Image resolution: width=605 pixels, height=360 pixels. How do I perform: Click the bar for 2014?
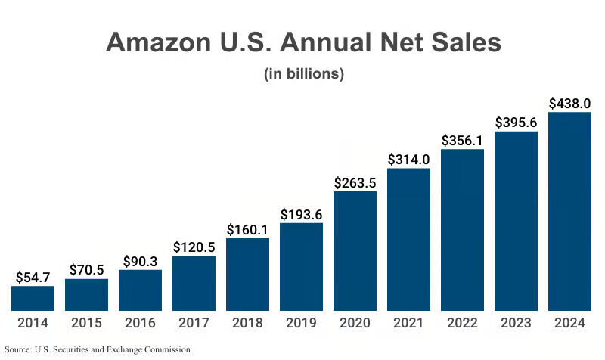click(x=33, y=298)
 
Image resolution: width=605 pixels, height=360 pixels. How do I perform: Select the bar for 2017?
click(x=194, y=284)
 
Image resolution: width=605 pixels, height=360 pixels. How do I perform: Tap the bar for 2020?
click(x=355, y=251)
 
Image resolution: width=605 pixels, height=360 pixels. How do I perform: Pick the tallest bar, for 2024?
click(x=569, y=211)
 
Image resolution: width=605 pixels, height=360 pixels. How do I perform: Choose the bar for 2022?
click(x=462, y=230)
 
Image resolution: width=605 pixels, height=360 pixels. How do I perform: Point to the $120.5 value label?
click(x=194, y=247)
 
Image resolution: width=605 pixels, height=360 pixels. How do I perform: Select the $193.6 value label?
click(x=301, y=214)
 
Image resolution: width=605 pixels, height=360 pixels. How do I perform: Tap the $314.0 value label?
click(x=408, y=159)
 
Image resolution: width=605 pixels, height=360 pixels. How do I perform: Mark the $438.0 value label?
click(x=569, y=103)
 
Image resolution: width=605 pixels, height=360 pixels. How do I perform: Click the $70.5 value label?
click(x=86, y=269)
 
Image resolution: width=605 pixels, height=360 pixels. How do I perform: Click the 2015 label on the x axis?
click(x=86, y=323)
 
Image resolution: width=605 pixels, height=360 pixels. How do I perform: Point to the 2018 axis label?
click(x=247, y=323)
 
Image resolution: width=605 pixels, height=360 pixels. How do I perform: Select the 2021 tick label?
click(x=408, y=323)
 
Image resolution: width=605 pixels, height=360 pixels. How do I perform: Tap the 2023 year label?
click(x=516, y=323)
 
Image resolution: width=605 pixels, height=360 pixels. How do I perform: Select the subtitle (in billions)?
click(x=303, y=74)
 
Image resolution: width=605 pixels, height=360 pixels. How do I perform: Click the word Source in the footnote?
click(x=18, y=349)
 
